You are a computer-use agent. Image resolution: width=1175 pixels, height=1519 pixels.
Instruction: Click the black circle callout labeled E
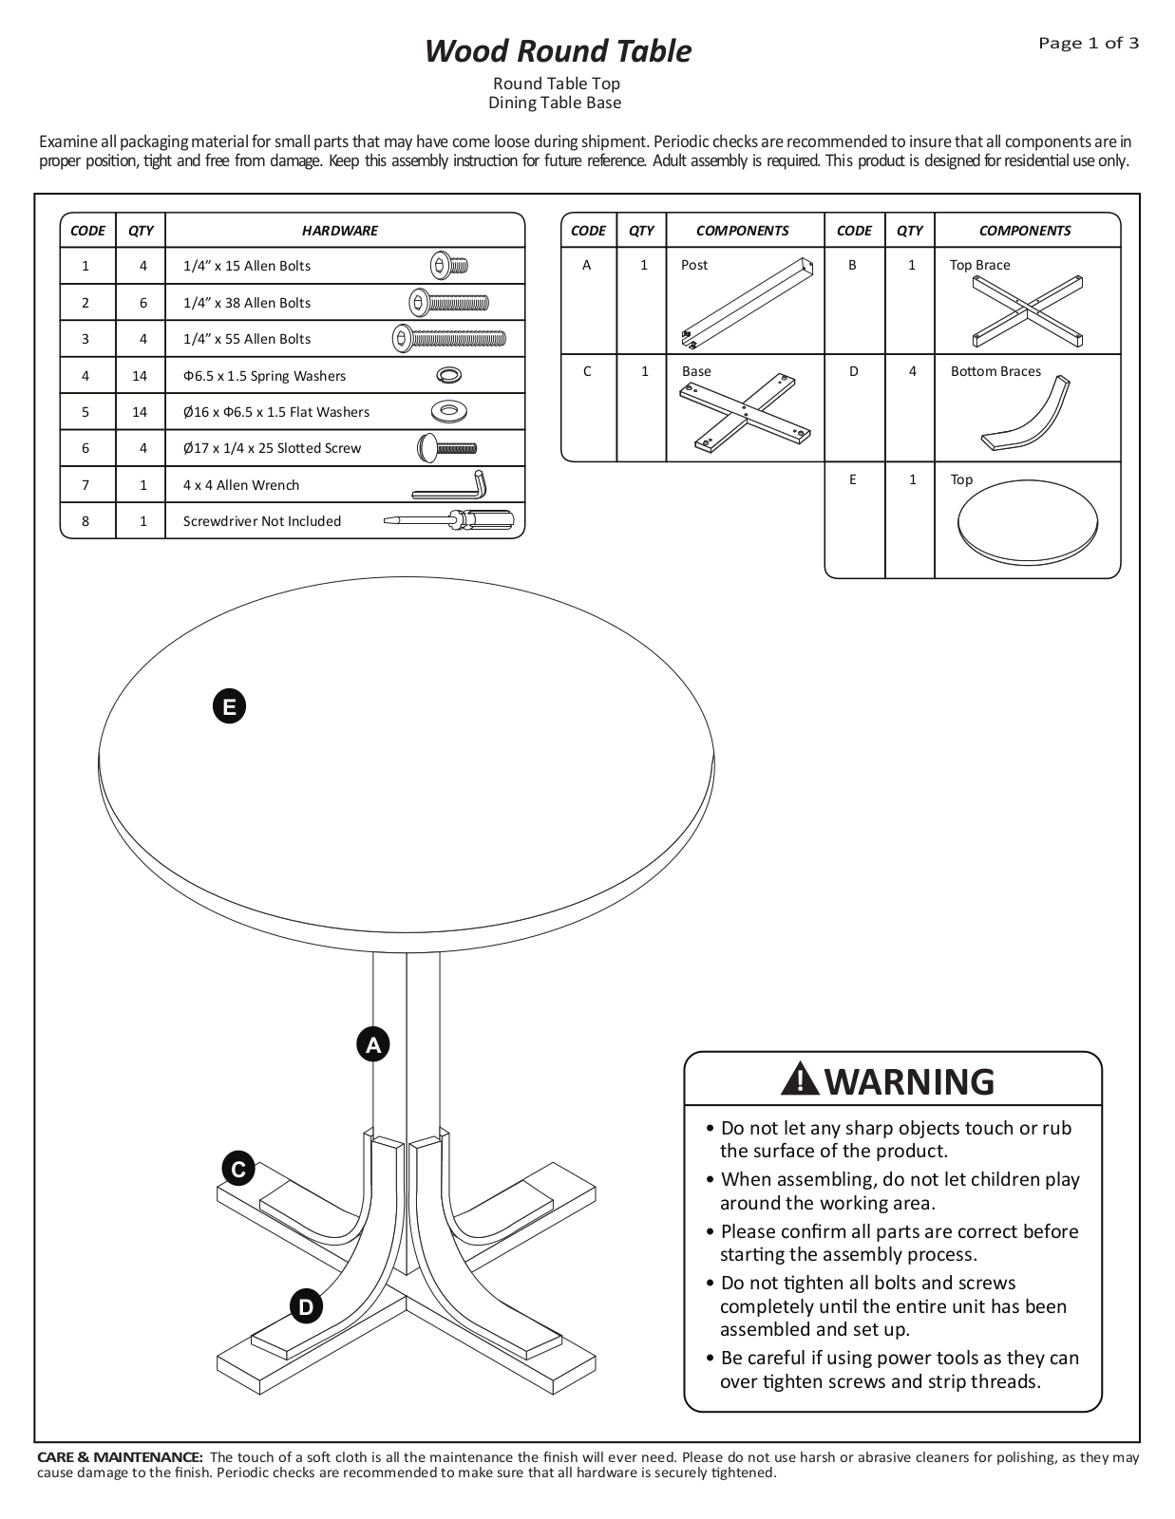(229, 706)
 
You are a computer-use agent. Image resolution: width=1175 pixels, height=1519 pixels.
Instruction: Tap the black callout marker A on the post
(372, 1044)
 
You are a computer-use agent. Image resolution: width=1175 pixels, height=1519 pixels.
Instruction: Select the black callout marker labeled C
(238, 1169)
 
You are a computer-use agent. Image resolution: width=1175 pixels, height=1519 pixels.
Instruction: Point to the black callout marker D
(307, 1306)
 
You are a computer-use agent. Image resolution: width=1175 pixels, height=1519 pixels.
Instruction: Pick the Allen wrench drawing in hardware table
(449, 485)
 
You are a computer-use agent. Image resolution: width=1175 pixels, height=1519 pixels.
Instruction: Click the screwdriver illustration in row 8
(449, 521)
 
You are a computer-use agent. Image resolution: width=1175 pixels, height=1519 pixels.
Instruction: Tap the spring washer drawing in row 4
(448, 375)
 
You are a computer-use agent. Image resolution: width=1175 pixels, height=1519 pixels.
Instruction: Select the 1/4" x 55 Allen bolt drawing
(449, 339)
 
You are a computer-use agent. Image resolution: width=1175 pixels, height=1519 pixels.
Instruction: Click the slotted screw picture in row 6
(447, 448)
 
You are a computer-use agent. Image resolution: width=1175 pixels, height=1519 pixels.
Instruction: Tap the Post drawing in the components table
(748, 304)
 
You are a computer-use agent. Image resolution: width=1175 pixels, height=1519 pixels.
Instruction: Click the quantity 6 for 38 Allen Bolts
(143, 303)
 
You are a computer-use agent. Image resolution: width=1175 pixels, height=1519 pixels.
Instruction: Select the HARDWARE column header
(340, 231)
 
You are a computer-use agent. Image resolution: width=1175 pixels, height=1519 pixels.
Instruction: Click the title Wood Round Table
(559, 51)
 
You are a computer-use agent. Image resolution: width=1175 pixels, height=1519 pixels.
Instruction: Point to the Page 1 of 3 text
(1089, 44)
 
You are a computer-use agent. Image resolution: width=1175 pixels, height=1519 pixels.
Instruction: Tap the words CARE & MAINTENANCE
(120, 1456)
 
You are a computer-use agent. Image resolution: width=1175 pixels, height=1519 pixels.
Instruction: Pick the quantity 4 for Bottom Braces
(912, 372)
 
